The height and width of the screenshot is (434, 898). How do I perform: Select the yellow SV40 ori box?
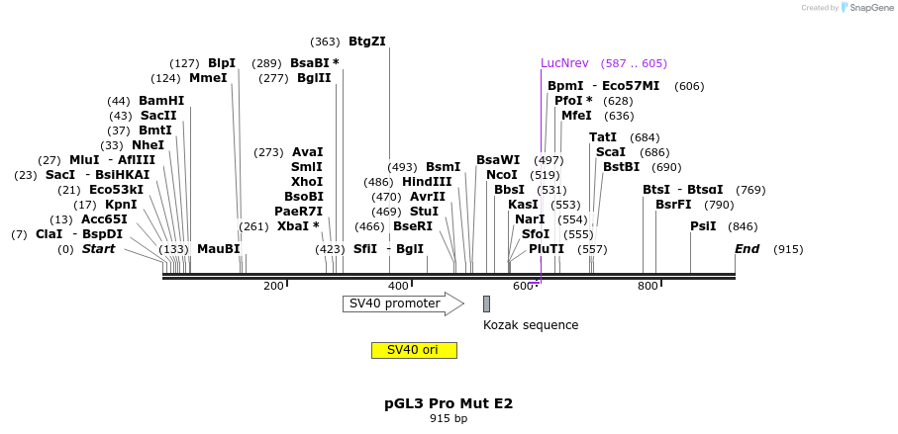414,350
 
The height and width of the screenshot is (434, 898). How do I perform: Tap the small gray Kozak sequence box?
486,304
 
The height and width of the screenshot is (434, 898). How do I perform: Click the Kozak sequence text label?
531,325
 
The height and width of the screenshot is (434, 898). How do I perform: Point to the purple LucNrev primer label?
564,63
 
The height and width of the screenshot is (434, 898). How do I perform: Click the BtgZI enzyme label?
367,42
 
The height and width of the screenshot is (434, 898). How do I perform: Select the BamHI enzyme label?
161,101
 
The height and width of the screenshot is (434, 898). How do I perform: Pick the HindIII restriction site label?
427,182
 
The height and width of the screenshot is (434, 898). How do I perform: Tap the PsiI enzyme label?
703,226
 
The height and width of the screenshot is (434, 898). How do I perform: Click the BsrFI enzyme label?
673,205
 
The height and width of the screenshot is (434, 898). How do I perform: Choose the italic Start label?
98,249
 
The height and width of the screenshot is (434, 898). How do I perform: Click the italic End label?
747,249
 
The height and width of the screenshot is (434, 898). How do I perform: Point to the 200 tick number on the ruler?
273,287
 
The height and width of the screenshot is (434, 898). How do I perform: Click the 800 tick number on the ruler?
648,287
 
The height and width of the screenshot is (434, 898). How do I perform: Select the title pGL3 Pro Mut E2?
449,403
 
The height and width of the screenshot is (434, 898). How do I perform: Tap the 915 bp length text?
449,419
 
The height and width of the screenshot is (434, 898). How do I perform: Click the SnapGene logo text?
872,8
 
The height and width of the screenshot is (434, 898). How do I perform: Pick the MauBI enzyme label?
219,249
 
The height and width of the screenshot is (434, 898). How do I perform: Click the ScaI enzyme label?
611,152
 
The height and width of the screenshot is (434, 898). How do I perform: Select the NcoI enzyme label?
502,175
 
